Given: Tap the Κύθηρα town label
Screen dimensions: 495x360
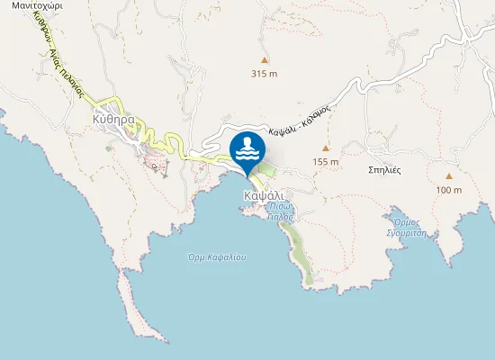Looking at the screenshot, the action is coord(113,119).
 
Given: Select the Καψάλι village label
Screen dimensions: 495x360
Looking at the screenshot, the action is coord(264,195).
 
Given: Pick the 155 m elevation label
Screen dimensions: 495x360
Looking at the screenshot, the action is coord(326,162).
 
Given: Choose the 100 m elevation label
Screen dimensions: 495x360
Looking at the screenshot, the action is coord(448,190).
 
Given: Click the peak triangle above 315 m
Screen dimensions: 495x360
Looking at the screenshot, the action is coord(264,60).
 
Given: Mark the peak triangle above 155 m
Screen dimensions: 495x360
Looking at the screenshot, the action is coord(326,148).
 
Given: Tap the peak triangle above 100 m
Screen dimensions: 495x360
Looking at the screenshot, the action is coord(448,176).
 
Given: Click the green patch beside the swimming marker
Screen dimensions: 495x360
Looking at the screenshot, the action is coord(267,168).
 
